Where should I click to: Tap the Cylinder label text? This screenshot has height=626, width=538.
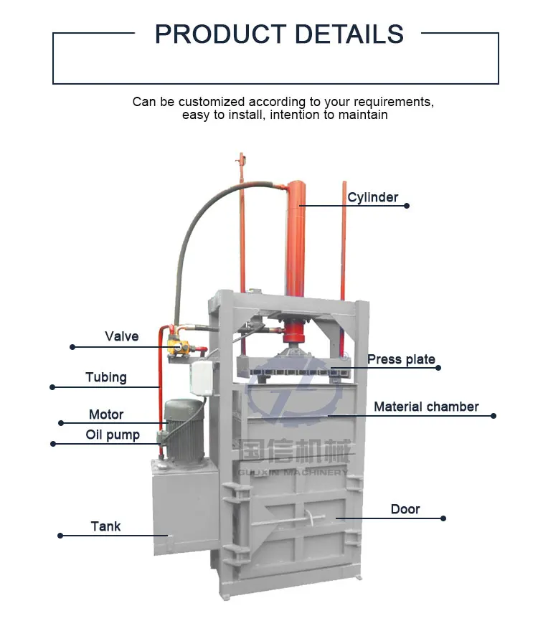372,197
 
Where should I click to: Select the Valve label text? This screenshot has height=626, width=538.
121,336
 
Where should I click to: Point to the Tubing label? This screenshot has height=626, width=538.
105,377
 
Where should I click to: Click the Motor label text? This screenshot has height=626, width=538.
106,414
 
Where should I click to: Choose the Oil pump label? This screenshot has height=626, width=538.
113,435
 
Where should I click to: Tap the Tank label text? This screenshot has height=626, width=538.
105,526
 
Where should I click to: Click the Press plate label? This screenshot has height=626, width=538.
401,359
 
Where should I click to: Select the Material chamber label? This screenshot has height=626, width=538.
426,407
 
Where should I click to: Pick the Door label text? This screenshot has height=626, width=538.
405,509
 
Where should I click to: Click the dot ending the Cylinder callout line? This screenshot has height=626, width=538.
407,206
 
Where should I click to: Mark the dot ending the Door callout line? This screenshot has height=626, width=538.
443,518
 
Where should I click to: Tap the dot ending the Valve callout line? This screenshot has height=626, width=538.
72,347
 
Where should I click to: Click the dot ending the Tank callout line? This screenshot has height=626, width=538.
60,536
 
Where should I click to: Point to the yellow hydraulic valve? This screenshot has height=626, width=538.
176,347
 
